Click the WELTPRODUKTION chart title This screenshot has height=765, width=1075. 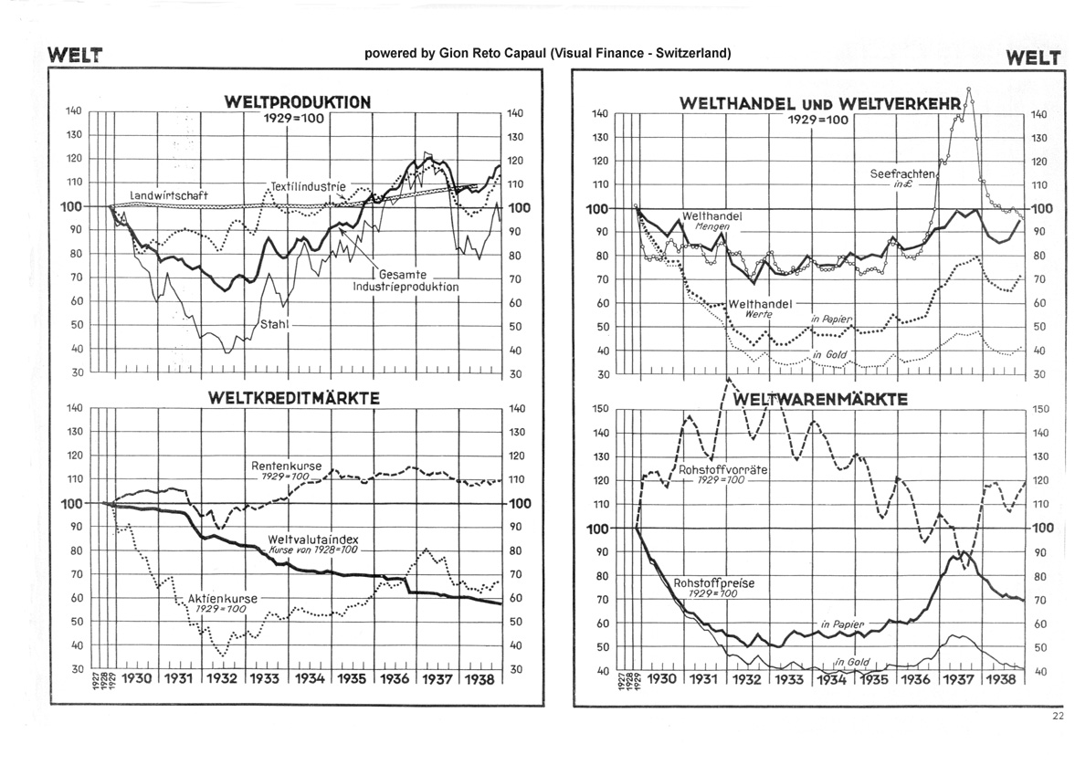298,102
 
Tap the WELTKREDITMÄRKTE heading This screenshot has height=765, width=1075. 293,398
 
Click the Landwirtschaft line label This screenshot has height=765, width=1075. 169,194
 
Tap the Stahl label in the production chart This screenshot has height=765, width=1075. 275,323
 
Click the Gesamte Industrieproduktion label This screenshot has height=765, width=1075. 406,280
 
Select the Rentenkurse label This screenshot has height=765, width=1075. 280,466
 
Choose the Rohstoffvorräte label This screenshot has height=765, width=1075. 722,469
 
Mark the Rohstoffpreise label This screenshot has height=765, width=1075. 705,582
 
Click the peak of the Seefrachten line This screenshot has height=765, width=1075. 968,89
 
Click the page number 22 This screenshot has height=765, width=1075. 1057,716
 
